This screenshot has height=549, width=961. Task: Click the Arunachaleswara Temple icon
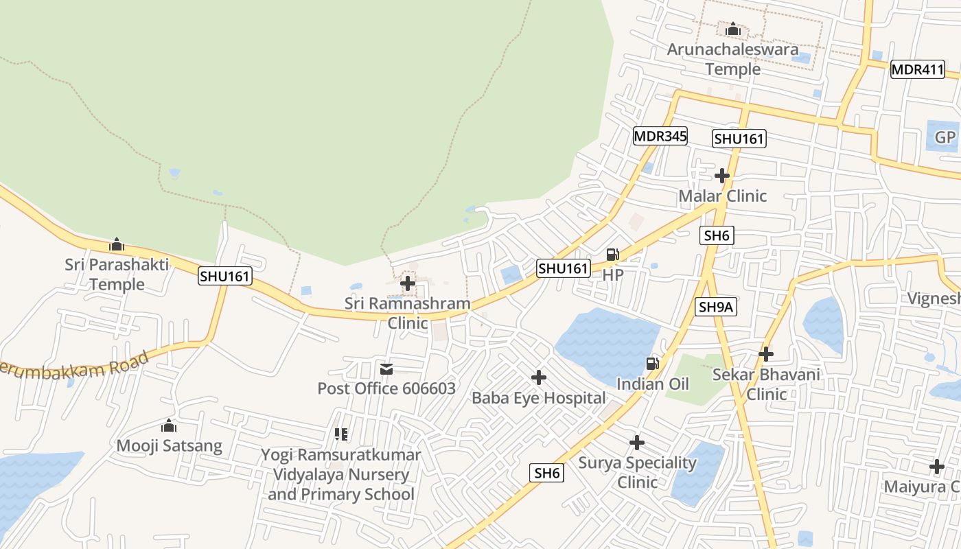(x=732, y=30)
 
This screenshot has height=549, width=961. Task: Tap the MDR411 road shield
(x=917, y=69)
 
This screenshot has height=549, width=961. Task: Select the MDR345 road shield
(x=660, y=136)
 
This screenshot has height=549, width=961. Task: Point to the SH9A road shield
(x=716, y=307)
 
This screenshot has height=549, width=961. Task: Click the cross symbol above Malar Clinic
(x=721, y=176)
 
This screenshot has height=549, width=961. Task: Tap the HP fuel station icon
(x=612, y=255)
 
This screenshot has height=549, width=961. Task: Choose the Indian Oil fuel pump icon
(x=652, y=364)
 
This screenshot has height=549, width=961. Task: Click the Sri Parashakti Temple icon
(x=117, y=244)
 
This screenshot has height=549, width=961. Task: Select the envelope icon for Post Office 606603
(x=386, y=369)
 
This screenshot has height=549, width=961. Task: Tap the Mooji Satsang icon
(x=169, y=426)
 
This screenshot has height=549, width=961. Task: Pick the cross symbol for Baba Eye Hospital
(x=539, y=377)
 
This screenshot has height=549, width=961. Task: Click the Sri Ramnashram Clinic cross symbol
(x=407, y=283)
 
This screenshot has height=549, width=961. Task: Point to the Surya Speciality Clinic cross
(x=637, y=443)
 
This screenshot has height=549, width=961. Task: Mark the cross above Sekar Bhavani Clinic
(x=766, y=354)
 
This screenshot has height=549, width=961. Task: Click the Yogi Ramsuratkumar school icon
(x=340, y=434)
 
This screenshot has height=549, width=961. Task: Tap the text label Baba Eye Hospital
(x=539, y=398)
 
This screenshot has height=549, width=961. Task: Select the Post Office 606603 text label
(x=386, y=388)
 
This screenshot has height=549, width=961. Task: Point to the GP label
(x=945, y=137)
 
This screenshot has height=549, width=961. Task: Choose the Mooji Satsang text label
(x=169, y=446)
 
